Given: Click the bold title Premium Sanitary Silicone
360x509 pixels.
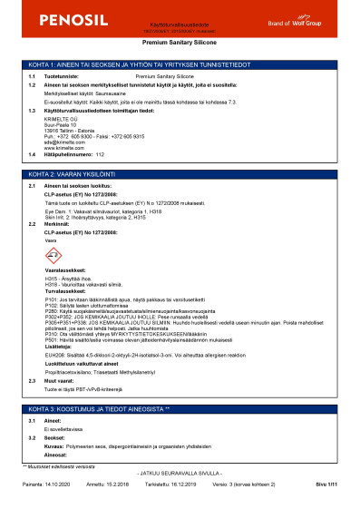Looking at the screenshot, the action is pyautogui.click(x=180, y=42).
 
